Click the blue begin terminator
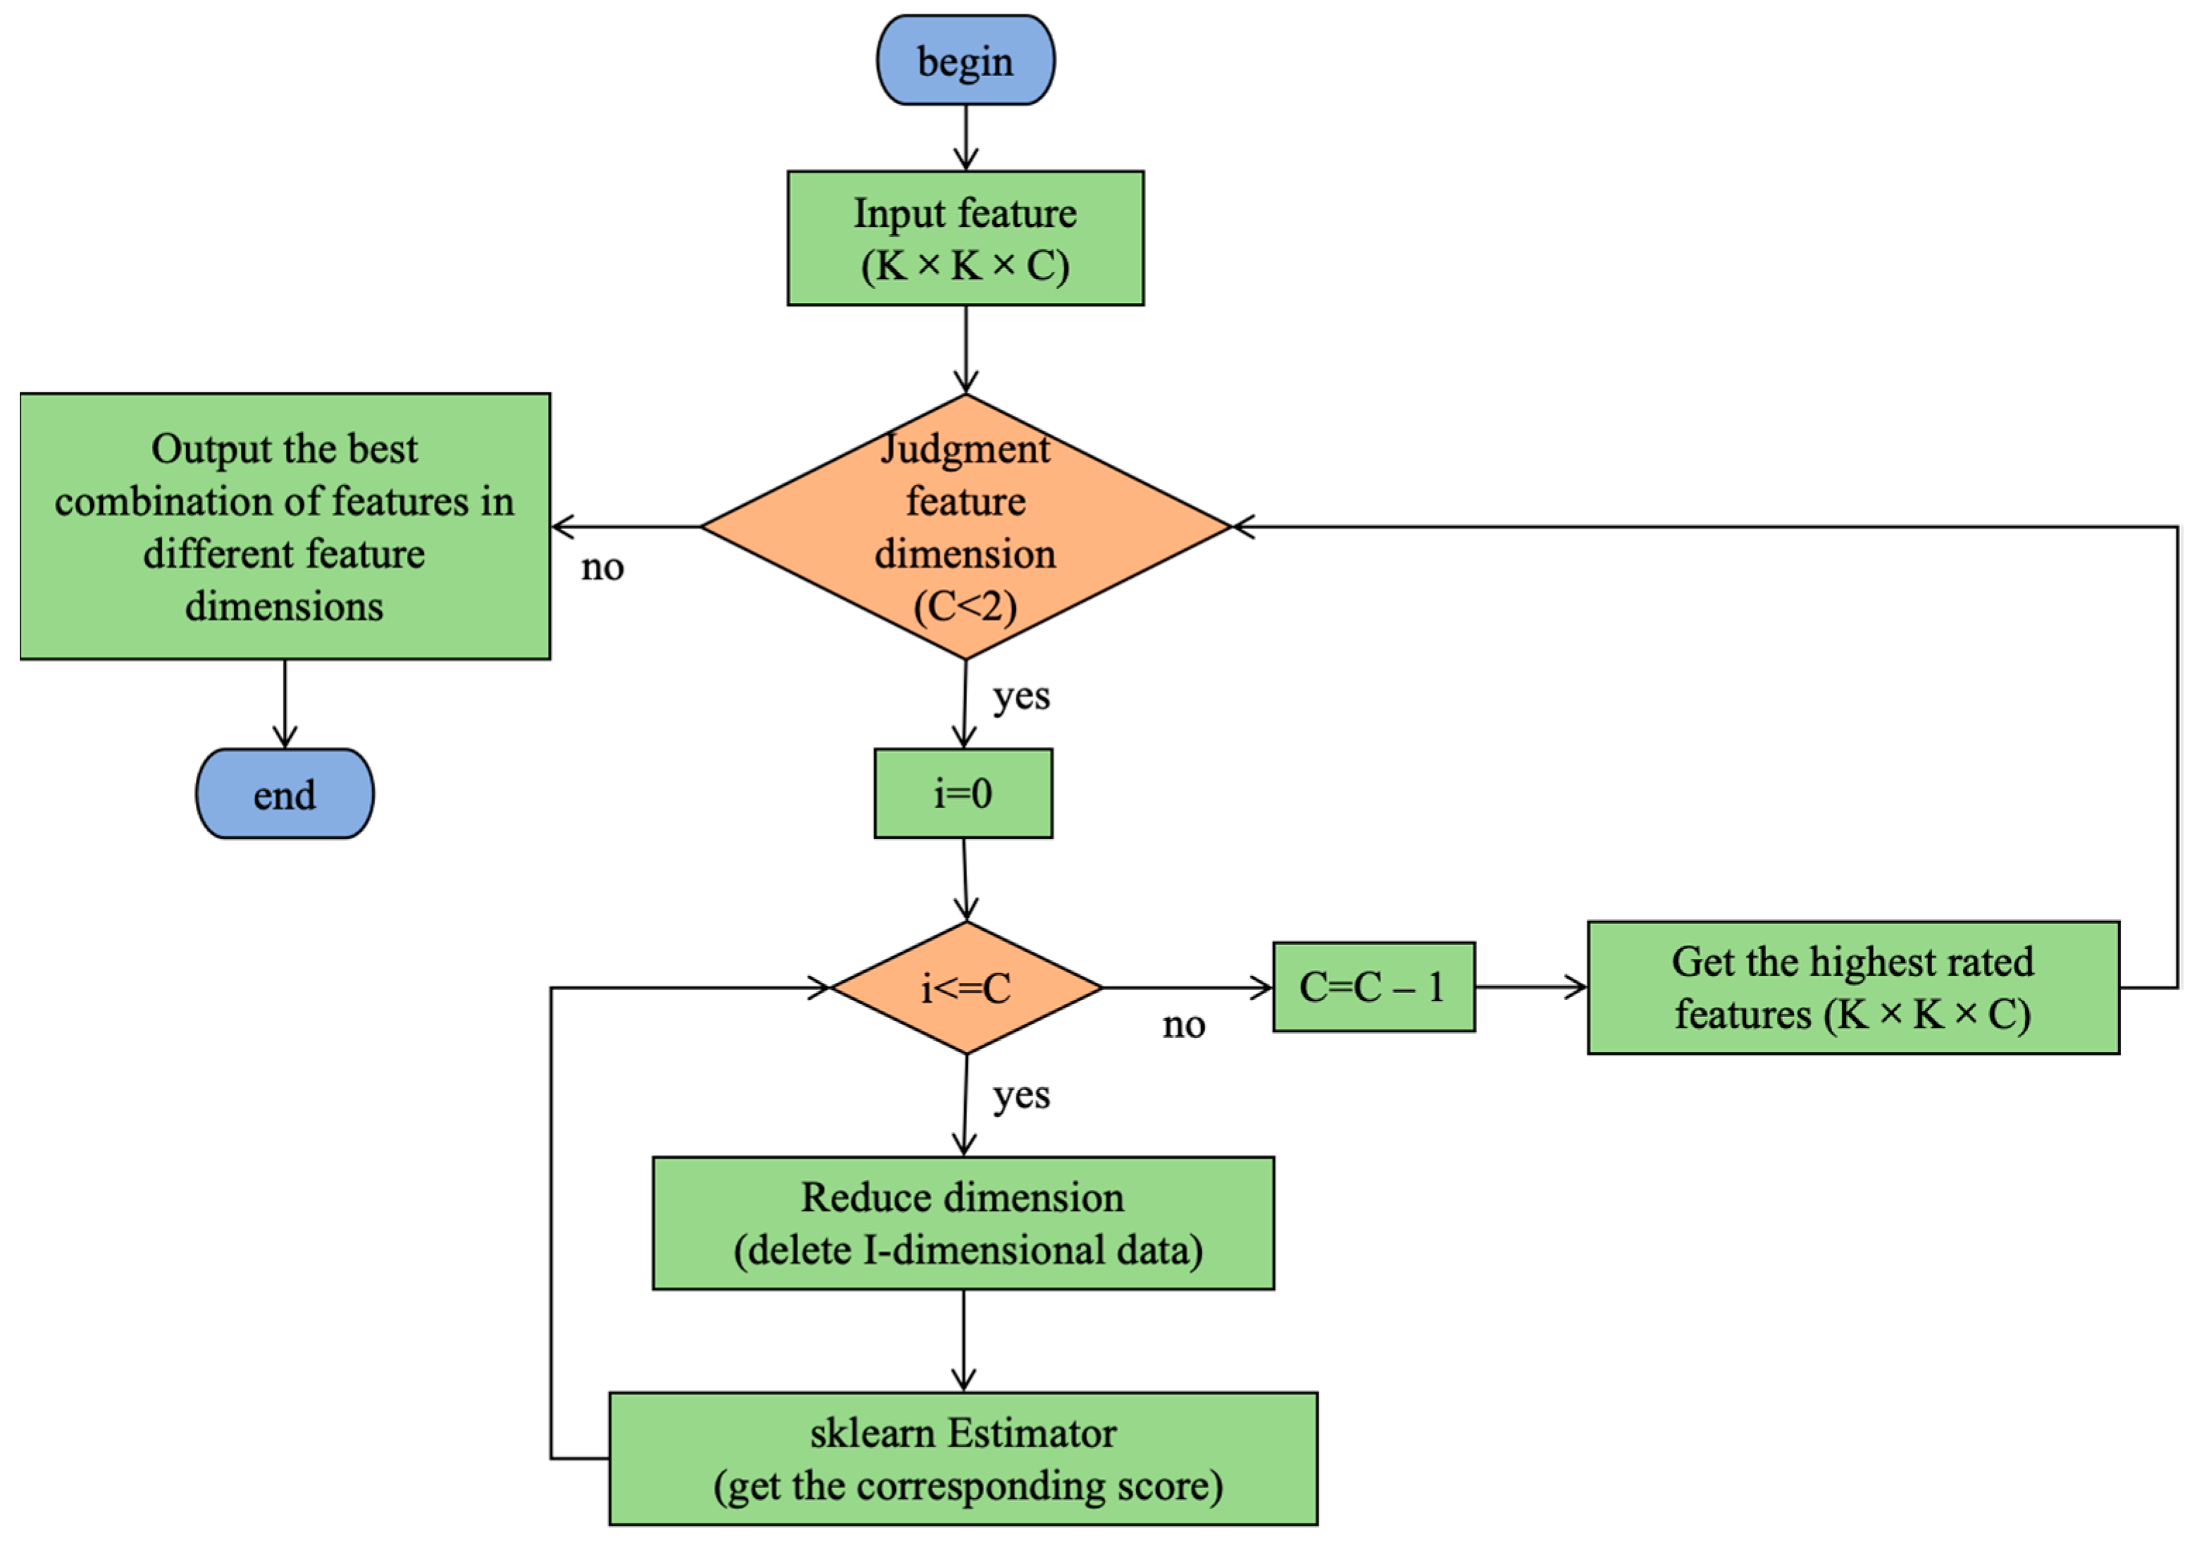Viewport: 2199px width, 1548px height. pos(966,59)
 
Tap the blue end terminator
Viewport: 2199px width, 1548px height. pos(285,793)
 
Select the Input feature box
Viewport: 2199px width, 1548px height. pos(966,239)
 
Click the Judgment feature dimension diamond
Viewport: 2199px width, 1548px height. pos(966,527)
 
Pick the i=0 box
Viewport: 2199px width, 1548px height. pos(964,793)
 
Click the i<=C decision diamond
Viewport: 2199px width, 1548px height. pos(966,988)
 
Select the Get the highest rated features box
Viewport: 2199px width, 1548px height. pos(1853,988)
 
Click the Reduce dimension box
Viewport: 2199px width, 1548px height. pos(964,1223)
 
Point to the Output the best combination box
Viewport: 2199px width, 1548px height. pos(285,526)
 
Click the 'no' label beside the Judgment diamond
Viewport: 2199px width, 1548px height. pos(602,567)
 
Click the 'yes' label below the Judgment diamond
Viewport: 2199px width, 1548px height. pos(1021,696)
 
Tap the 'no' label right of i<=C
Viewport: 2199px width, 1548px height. pos(1184,1025)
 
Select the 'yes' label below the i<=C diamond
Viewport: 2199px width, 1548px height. pos(1021,1095)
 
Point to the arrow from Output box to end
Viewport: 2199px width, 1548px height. pos(285,704)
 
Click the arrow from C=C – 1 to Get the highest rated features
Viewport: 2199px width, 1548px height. pos(1531,986)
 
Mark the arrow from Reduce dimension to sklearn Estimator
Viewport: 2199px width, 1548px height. pos(964,1341)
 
